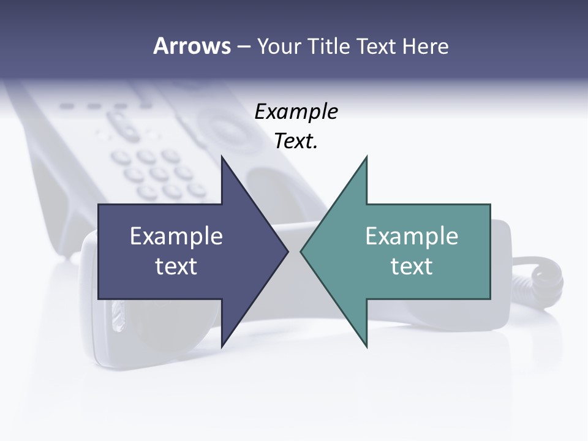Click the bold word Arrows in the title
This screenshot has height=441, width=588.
pos(191,47)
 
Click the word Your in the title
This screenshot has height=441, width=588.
pos(277,47)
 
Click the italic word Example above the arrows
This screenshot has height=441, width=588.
pos(296,112)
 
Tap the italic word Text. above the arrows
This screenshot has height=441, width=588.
pos(296,141)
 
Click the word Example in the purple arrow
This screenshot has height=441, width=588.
pos(176,236)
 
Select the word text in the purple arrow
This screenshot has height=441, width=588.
pos(176,266)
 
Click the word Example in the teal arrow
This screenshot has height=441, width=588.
pos(412,236)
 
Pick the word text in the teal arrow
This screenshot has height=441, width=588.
pos(412,266)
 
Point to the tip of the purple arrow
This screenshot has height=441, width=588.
pos(288,251)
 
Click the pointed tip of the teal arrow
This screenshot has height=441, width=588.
pos(301,251)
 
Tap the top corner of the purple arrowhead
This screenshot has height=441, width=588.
pos(222,157)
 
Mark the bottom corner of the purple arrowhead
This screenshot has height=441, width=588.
pos(222,347)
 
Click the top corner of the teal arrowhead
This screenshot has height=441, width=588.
pos(366,157)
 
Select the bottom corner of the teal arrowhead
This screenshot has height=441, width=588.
pos(366,347)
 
